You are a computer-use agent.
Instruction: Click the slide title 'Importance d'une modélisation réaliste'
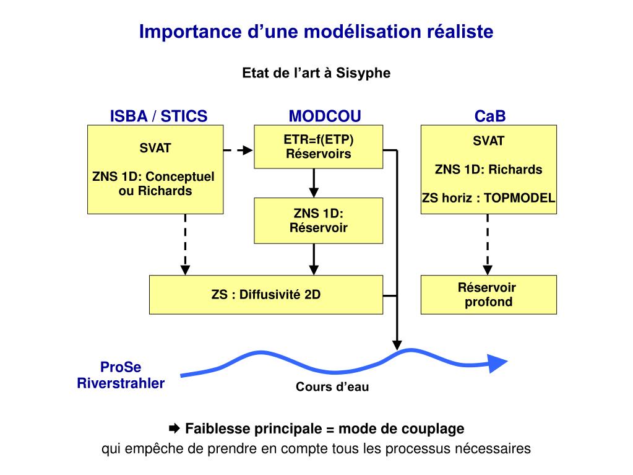(316, 32)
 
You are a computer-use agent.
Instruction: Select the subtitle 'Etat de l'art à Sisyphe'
(316, 73)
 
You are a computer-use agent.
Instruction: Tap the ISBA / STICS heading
(158, 116)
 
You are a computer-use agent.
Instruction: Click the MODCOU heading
(324, 116)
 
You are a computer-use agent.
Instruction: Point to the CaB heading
(490, 116)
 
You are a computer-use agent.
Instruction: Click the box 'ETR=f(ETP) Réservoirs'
(318, 146)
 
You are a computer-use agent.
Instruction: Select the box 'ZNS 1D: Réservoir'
(318, 220)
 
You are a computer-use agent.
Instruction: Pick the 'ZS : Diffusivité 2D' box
(266, 295)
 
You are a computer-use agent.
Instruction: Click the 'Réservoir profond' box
(488, 295)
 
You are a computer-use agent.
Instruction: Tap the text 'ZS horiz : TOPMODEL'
(488, 198)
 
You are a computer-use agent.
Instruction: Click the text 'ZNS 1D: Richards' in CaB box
(488, 170)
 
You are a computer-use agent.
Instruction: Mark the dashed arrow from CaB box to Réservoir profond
(488, 245)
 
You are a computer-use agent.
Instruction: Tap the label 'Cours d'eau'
(332, 388)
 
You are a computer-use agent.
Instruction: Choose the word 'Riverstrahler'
(121, 383)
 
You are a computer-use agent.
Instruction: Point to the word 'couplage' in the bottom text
(433, 429)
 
